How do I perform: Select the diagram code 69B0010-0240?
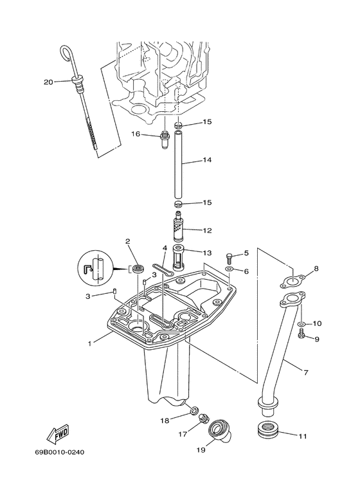[x=60, y=452]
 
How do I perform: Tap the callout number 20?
[x=48, y=82]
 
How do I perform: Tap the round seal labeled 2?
[x=137, y=268]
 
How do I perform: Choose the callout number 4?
[x=165, y=248]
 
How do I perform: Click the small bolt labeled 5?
[x=230, y=257]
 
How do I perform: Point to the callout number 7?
[x=306, y=372]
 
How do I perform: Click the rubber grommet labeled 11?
[x=265, y=429]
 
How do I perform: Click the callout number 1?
[x=90, y=343]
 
